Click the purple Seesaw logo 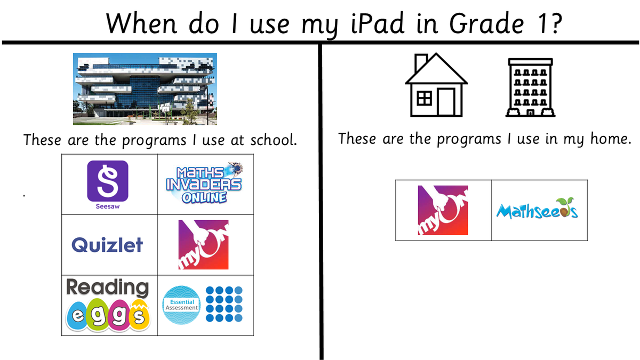click(x=108, y=185)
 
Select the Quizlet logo click(x=107, y=245)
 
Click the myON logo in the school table click(x=203, y=245)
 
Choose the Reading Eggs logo click(x=108, y=305)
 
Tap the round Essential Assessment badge click(x=181, y=305)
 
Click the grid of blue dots click(x=225, y=304)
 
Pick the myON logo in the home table click(x=443, y=210)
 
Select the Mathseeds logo click(x=537, y=209)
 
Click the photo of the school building click(x=145, y=89)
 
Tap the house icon click(x=436, y=85)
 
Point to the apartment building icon click(x=530, y=87)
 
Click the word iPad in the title click(x=378, y=23)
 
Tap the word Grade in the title click(x=487, y=23)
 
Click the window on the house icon click(x=425, y=99)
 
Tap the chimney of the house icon click(x=421, y=63)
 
